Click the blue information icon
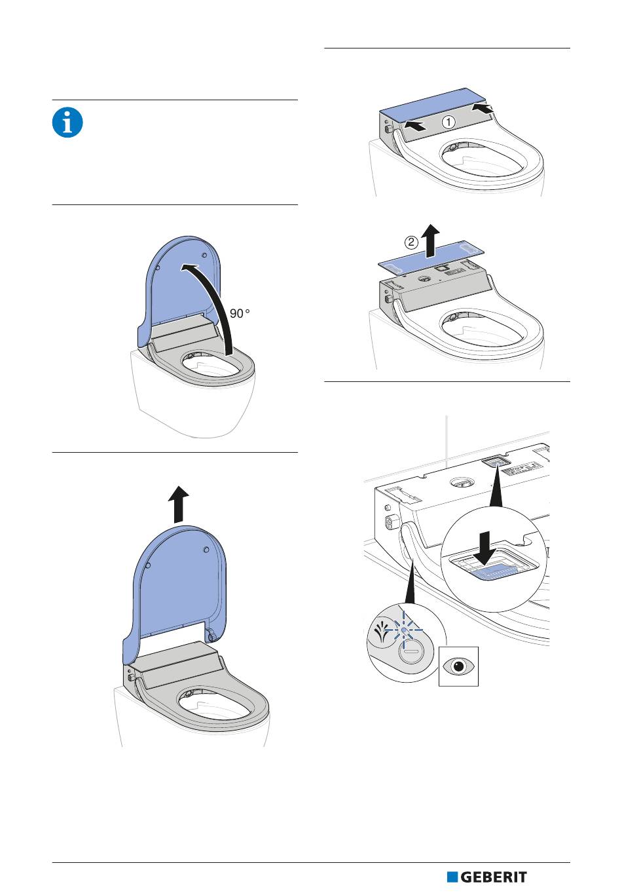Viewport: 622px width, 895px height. [67, 123]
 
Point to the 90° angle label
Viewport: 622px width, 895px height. [240, 313]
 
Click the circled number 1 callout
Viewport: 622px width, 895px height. [448, 121]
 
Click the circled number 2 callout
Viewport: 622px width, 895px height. [412, 242]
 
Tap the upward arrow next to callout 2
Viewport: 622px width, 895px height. [430, 240]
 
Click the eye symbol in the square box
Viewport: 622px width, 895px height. [458, 666]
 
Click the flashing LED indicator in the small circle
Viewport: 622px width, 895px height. [404, 629]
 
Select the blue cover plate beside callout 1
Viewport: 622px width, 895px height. [433, 104]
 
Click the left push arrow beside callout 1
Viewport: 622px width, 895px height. [414, 126]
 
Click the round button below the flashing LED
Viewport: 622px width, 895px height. [409, 652]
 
